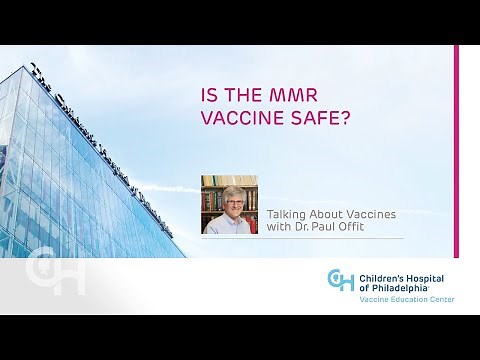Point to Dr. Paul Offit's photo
[x=229, y=204]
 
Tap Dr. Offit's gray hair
[x=229, y=187]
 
